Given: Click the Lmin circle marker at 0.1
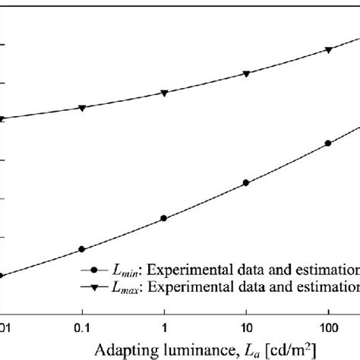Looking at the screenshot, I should tap(82, 249).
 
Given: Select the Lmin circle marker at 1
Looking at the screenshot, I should tap(164, 218).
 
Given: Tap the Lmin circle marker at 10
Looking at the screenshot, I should tap(246, 183).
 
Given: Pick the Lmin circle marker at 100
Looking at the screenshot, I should tap(328, 143).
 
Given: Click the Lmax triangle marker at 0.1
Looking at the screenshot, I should tap(82, 108).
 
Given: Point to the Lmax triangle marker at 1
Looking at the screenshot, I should tap(164, 93).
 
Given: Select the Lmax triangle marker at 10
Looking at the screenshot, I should tap(246, 74).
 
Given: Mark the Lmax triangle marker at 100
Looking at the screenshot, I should tap(328, 50).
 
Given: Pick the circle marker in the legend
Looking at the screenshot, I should tap(94, 270).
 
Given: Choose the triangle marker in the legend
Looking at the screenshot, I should tap(94, 286).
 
